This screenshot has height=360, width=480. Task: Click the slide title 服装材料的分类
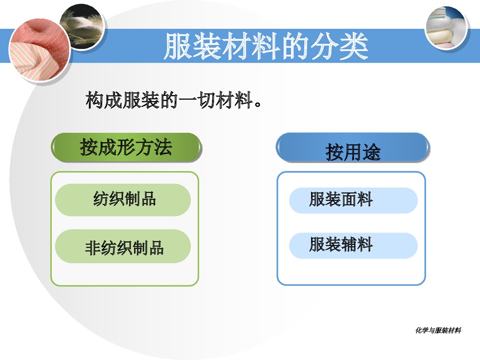pyautogui.click(x=266, y=47)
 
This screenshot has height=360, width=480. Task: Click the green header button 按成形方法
pyautogui.click(x=126, y=147)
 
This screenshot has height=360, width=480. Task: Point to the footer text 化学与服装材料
pyautogui.click(x=438, y=330)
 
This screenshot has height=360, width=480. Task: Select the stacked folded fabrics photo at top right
pyautogui.click(x=446, y=27)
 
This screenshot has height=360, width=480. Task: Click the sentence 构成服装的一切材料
pyautogui.click(x=174, y=100)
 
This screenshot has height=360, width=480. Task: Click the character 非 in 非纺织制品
pyautogui.click(x=93, y=248)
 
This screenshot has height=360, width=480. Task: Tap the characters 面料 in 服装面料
pyautogui.click(x=357, y=199)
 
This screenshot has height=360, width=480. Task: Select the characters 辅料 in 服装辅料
pyautogui.click(x=357, y=245)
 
